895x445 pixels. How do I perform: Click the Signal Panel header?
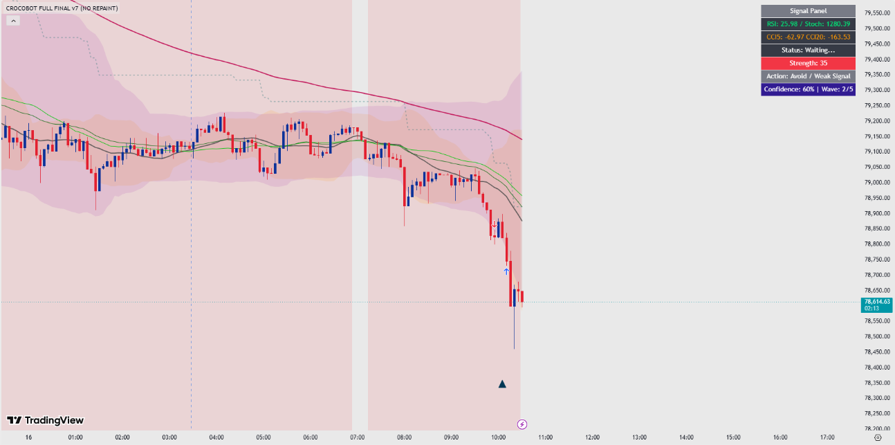[808, 11]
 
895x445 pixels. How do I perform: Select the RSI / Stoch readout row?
[808, 24]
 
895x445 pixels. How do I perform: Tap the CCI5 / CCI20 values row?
[808, 37]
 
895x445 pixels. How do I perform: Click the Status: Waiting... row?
[808, 50]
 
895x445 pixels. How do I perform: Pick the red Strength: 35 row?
[808, 63]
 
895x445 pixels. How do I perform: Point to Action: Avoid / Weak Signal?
[808, 76]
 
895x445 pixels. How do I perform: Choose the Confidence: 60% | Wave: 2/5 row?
[808, 89]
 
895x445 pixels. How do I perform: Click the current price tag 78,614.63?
[876, 305]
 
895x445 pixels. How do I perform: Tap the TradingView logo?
[45, 420]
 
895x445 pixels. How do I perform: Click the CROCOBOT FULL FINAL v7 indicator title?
[62, 8]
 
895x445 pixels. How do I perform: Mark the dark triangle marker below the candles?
[502, 384]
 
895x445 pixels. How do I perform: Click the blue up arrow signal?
[506, 272]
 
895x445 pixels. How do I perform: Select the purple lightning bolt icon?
[522, 424]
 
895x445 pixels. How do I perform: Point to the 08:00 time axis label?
[405, 437]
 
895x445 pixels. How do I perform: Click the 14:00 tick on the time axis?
[686, 437]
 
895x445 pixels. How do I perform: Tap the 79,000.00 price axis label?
[877, 182]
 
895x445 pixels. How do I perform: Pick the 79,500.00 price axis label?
[877, 28]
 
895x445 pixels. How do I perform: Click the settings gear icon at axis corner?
[878, 438]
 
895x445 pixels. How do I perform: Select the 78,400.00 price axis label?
[877, 367]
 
